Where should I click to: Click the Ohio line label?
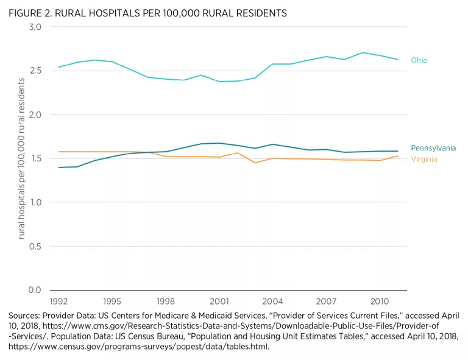click(419, 60)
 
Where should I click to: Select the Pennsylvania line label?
click(433, 148)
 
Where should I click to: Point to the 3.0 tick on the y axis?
click(35, 27)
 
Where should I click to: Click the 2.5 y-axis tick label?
click(35, 71)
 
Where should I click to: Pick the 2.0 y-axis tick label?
click(35, 115)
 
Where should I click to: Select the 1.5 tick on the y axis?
click(35, 158)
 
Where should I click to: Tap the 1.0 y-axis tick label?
click(35, 202)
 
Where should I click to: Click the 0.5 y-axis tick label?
click(35, 246)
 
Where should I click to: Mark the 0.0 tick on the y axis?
click(35, 290)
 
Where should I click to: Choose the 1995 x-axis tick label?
click(112, 301)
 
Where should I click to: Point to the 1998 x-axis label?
click(166, 301)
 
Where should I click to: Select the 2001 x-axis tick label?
click(219, 301)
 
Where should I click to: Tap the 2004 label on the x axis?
click(273, 301)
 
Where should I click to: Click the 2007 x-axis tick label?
click(327, 301)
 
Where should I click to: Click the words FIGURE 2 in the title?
click(29, 13)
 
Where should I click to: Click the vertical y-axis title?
click(21, 158)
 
